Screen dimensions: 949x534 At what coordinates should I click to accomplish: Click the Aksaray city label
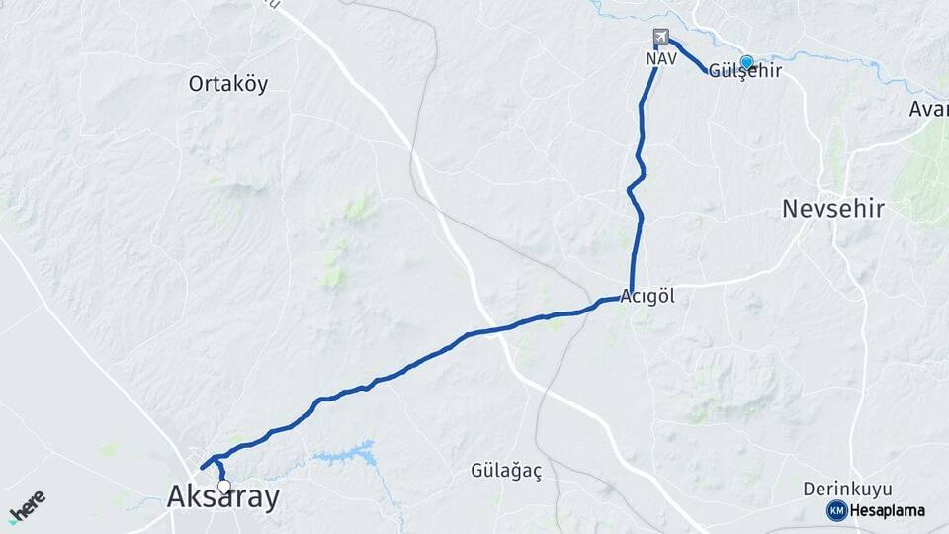click(222, 497)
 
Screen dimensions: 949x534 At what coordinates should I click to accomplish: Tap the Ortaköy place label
click(228, 84)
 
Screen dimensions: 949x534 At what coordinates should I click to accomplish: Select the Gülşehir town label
click(746, 71)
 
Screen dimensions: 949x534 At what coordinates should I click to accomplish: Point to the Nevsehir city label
click(832, 209)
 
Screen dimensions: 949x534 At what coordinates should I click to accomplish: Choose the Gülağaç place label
click(506, 471)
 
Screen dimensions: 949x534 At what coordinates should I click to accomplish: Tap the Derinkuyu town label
click(847, 489)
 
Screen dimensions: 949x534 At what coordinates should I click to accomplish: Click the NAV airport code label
click(660, 59)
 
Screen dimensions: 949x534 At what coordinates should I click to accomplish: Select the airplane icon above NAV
click(660, 38)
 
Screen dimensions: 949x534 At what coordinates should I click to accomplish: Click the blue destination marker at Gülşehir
click(746, 61)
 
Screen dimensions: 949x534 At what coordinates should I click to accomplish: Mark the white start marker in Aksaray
click(224, 486)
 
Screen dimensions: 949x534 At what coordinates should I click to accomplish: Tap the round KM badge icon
click(836, 510)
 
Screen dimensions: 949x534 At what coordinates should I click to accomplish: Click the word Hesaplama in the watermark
click(888, 511)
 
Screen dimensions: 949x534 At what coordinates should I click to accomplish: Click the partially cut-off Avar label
click(929, 109)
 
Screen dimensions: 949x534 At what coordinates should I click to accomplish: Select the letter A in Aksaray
click(178, 497)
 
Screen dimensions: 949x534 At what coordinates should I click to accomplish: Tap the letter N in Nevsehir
click(791, 209)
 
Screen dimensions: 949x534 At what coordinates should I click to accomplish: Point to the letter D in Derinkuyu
click(809, 489)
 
